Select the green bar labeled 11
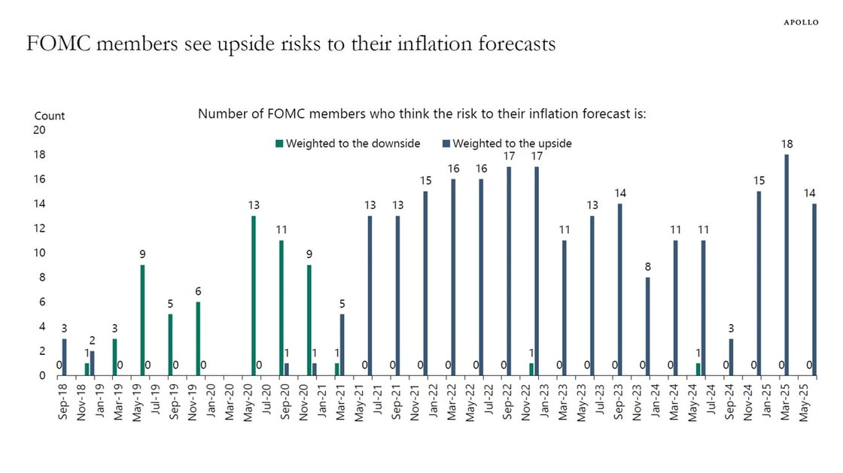281,308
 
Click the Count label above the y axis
50,116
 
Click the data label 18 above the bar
787,144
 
